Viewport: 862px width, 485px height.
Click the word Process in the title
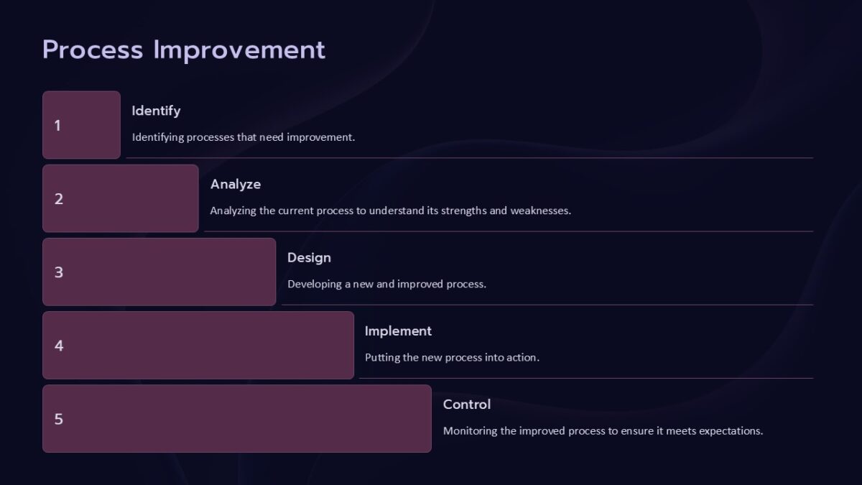click(93, 50)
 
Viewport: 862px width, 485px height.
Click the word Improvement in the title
click(239, 50)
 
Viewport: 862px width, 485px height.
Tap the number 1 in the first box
click(57, 126)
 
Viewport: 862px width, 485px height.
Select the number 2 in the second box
click(59, 199)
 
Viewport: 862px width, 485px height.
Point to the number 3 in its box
click(59, 272)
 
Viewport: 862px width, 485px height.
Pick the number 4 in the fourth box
click(59, 346)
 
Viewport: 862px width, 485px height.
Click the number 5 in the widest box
click(59, 419)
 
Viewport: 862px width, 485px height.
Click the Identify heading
click(156, 111)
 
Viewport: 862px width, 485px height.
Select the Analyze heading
click(235, 184)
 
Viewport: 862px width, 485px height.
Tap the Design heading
click(309, 257)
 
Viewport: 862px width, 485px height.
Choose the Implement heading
click(398, 331)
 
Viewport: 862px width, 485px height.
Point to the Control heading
click(467, 404)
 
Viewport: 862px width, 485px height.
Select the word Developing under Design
click(314, 284)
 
